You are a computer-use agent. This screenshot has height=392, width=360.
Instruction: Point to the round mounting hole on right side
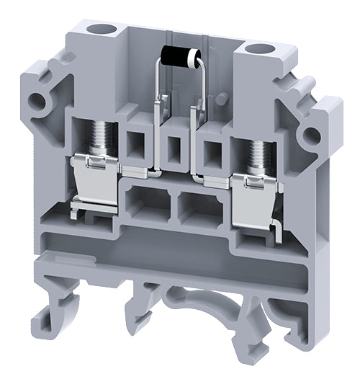311,135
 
